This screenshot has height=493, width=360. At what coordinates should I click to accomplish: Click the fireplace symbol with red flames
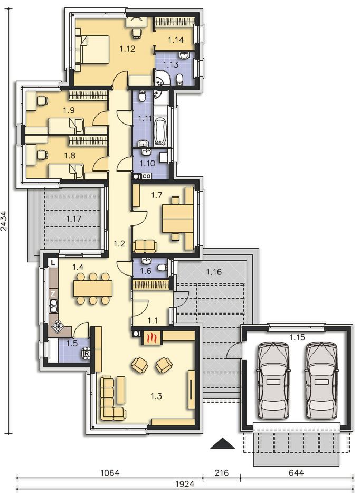pos(152,338)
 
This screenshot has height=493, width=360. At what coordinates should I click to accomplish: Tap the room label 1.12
pos(127,49)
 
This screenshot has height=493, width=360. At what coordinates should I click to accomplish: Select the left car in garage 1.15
pos(273,381)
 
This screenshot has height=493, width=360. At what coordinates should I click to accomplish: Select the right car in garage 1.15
pos(321,381)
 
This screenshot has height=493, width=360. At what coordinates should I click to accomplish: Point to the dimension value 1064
pos(110,472)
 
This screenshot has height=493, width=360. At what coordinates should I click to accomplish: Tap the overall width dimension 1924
pos(185,484)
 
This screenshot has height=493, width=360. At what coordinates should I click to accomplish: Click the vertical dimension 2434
pos(4,221)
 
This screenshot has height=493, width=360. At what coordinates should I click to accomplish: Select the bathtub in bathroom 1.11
pos(160,131)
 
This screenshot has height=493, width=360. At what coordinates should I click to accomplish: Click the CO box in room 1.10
pos(147,176)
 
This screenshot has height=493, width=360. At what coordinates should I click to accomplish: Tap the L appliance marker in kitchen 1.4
pos(53,262)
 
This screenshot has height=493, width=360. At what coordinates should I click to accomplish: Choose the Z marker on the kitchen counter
pos(53,294)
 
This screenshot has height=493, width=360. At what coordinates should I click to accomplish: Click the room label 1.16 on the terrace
pos(214,272)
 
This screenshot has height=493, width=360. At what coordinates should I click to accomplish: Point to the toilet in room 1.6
pos(162,267)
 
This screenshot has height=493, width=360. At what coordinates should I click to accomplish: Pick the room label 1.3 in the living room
pos(156,396)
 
